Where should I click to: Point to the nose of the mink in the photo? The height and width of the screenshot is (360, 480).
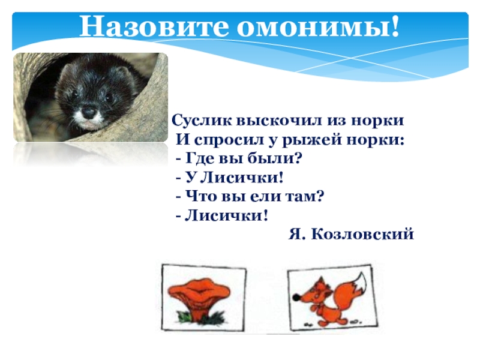tap(89, 112)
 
